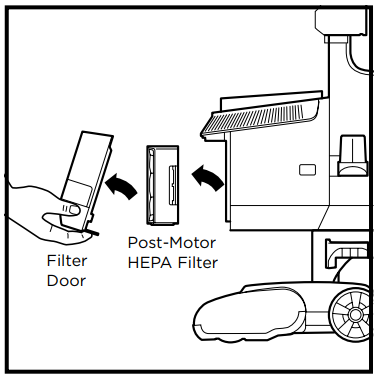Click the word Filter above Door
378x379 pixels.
pos(67,261)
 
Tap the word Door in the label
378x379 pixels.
pos(66,281)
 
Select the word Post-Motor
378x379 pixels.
pos(172,243)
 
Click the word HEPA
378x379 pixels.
pos(150,263)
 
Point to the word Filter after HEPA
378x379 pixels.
pos(197,263)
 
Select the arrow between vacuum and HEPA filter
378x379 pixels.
pos(207,178)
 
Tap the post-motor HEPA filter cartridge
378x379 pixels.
pos(162,185)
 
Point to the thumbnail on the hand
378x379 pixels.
pos(73,210)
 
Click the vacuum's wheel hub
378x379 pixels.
pos(354,314)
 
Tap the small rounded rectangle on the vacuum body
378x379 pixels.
pos(307,170)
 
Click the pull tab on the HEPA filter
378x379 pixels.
pos(172,186)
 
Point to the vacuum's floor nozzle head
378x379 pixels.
pos(253,313)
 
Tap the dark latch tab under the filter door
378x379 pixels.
pos(91,231)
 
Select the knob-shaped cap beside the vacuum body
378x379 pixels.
pos(353,155)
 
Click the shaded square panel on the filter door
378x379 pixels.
pos(79,191)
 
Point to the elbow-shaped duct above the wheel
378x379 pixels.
pos(345,253)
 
